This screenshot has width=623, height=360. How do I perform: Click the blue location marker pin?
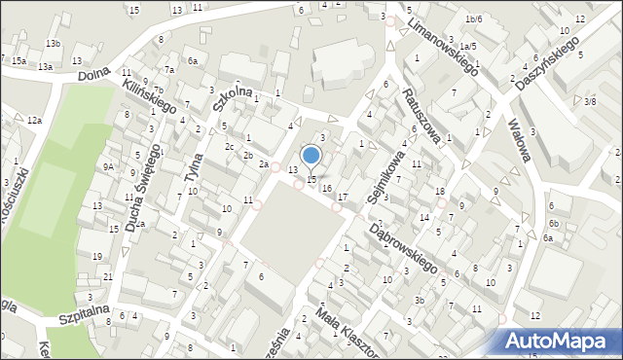(311, 157)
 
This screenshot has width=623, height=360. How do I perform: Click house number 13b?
(53, 44)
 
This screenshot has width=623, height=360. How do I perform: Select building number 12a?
(34, 120)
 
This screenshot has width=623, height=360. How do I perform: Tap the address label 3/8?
(589, 101)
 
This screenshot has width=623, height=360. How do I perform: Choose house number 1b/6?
(473, 19)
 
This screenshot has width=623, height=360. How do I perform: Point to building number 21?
(108, 277)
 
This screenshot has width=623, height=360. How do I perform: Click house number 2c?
(229, 146)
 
